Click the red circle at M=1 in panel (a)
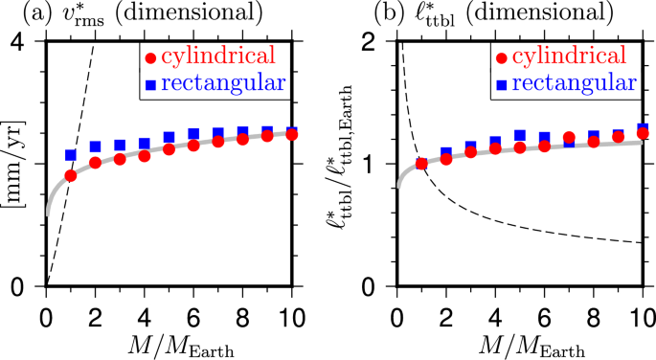pos(70,175)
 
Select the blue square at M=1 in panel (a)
pos(70,154)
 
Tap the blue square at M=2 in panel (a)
pos(95,146)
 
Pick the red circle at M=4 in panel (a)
pos(144,155)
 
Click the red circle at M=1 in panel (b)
pos(421,164)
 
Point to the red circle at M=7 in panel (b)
pos(569,138)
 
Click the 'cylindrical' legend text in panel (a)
pos(226,56)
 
